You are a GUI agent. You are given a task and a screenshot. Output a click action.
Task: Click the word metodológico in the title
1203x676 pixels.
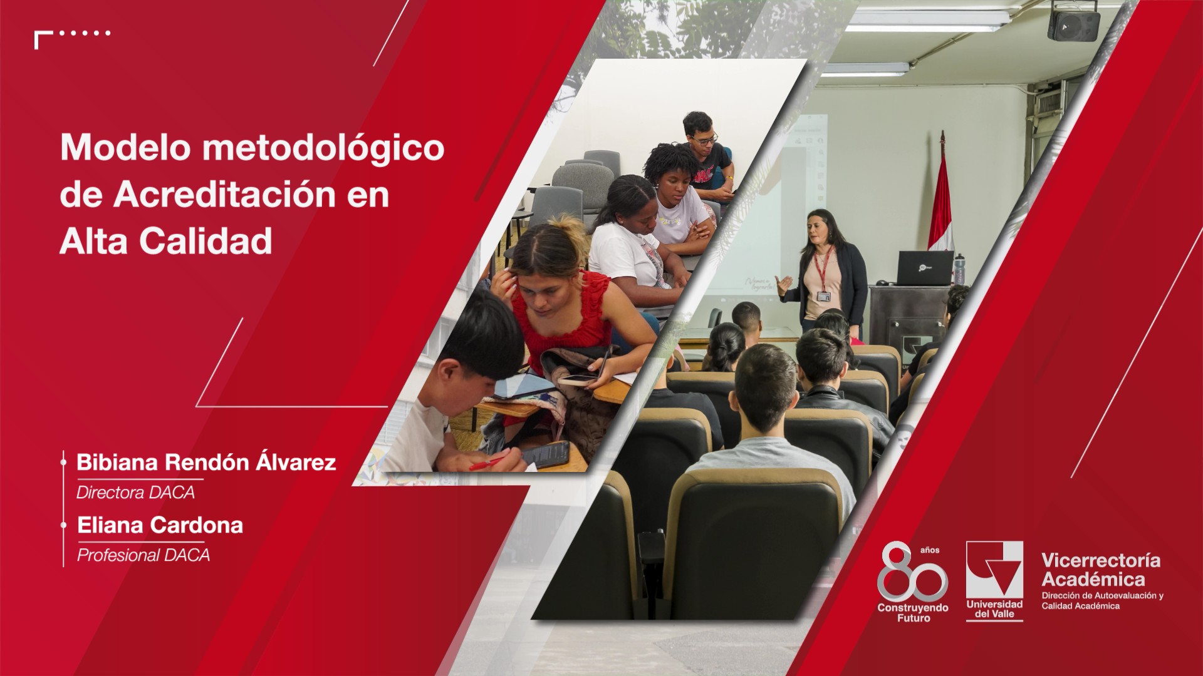pos(323,149)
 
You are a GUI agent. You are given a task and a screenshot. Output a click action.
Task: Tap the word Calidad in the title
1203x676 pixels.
pos(206,241)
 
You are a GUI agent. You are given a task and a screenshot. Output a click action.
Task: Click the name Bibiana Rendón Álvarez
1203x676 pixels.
pos(206,462)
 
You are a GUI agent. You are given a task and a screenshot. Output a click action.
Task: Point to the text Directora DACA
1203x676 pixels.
pos(135,493)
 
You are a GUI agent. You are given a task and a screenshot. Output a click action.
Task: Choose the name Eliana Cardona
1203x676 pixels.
pos(160,525)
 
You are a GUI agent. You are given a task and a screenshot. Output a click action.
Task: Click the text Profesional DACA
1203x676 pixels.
pos(143,555)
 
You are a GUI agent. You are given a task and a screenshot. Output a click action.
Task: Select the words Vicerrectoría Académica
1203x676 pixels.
pos(1101,570)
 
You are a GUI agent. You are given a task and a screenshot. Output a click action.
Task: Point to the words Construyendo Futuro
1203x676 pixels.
pos(913,613)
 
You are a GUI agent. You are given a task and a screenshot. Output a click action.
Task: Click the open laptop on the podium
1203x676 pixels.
pos(925,268)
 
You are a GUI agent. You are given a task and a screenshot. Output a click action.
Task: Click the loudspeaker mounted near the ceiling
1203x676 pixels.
pos(1073,22)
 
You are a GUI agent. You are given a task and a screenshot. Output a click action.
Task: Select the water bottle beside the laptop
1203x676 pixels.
pos(959,269)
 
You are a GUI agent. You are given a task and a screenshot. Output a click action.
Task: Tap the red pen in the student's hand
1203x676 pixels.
pos(486,463)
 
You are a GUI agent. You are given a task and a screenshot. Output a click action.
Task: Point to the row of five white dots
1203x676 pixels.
pos(85,33)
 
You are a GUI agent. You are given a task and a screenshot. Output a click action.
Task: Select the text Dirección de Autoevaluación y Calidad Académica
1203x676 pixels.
pos(1102,601)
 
